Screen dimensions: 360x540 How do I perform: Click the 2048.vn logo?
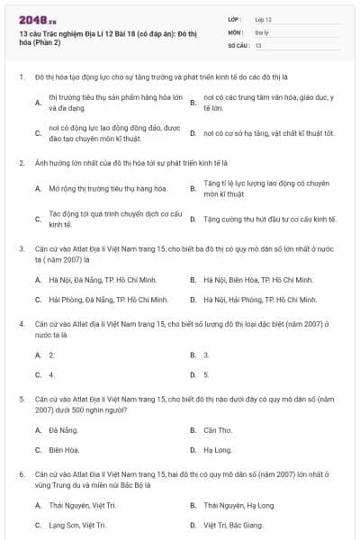[x=31, y=20]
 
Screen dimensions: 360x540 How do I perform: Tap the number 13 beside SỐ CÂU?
[x=258, y=44]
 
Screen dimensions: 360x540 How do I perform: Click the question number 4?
[x=20, y=321]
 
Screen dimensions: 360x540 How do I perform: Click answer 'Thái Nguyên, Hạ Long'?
[x=239, y=505]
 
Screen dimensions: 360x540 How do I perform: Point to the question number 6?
[x=20, y=472]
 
